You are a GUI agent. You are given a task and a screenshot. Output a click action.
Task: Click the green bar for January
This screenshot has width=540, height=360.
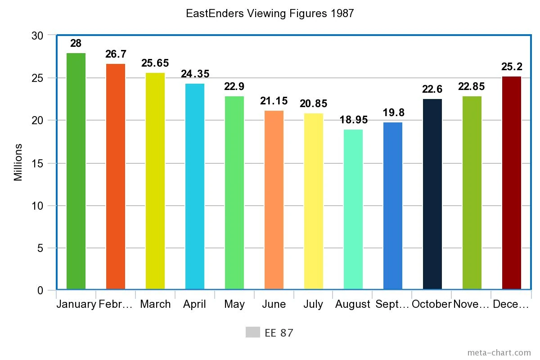(x=76, y=171)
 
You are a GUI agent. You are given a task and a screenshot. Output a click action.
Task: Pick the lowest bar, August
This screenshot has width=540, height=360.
(x=353, y=209)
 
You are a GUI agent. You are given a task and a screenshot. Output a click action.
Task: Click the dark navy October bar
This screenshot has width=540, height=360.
(x=432, y=194)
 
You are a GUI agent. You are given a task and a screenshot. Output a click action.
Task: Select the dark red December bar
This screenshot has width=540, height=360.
(x=512, y=183)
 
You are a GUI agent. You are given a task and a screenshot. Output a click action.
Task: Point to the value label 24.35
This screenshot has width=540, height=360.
(x=195, y=74)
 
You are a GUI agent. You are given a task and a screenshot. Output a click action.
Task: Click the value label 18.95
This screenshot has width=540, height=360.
(x=353, y=120)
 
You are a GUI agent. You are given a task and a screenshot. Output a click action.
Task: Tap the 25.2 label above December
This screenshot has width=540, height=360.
(x=512, y=67)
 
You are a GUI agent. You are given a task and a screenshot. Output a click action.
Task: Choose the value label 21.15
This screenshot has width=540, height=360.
(x=274, y=101)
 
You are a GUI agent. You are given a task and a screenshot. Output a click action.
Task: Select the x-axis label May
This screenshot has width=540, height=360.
(x=234, y=304)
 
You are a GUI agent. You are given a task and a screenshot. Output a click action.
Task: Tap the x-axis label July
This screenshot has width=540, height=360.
(x=313, y=304)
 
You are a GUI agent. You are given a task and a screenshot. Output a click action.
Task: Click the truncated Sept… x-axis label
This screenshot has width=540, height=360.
(x=392, y=304)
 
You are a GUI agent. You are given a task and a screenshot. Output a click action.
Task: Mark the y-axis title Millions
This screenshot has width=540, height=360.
(x=18, y=162)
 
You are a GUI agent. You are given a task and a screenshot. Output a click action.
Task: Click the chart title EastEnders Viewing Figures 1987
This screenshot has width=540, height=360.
(x=270, y=13)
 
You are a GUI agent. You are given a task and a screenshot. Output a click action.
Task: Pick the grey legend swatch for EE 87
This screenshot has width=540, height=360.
(x=253, y=332)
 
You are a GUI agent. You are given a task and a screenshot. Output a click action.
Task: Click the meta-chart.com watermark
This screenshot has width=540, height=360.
(x=499, y=352)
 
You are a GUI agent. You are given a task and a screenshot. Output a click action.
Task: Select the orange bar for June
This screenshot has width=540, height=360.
(x=274, y=200)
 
